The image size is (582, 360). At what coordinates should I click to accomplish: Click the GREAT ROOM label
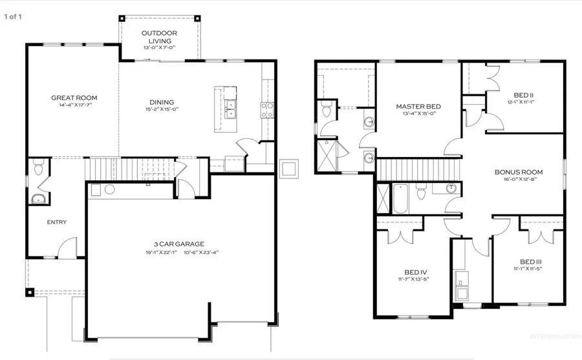(74, 98)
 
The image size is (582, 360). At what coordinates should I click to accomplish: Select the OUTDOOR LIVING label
(159, 37)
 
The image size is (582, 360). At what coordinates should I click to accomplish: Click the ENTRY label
(56, 222)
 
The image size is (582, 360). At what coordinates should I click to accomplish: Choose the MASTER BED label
(418, 107)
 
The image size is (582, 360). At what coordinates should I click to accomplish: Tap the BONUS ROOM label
(518, 172)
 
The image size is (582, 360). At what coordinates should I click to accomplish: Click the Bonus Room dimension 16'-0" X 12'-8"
(518, 181)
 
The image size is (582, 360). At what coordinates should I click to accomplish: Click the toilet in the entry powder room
(38, 170)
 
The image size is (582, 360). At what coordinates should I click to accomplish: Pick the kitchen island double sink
(231, 109)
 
